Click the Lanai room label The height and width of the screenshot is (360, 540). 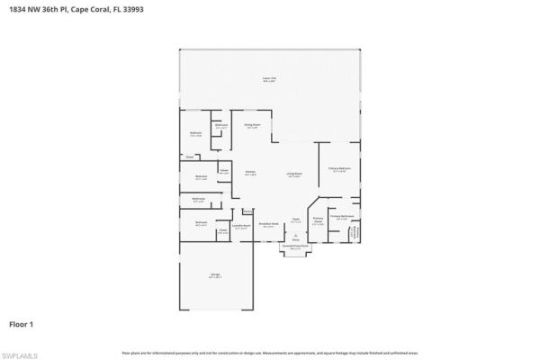pyautogui.click(x=268, y=80)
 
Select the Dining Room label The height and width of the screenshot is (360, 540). pyautogui.click(x=252, y=126)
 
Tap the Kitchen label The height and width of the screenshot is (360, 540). pyautogui.click(x=251, y=173)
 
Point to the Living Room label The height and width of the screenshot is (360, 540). pyautogui.click(x=293, y=175)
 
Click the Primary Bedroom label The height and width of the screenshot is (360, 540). pyautogui.click(x=339, y=168)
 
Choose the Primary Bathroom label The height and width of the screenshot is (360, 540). pyautogui.click(x=341, y=217)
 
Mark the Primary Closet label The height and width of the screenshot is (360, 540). pyautogui.click(x=318, y=220)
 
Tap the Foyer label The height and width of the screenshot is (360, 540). pyautogui.click(x=294, y=220)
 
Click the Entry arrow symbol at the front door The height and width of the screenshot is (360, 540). pyautogui.click(x=294, y=238)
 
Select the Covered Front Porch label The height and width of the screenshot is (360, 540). pyautogui.click(x=294, y=246)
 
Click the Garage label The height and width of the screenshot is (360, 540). pyautogui.click(x=216, y=275)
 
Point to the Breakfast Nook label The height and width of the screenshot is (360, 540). pyautogui.click(x=267, y=225)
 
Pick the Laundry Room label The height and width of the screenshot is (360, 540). pyautogui.click(x=240, y=227)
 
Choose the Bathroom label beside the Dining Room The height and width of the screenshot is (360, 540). pyautogui.click(x=221, y=127)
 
